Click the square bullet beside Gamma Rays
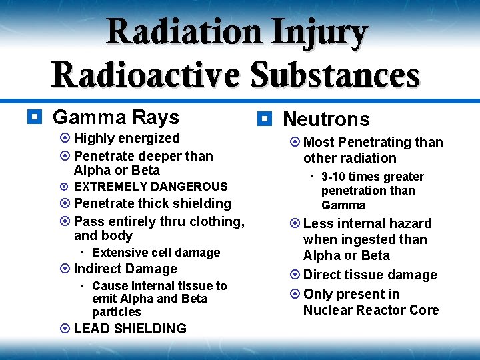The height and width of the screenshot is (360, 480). [32, 117]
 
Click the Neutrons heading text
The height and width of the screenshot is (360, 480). [326, 119]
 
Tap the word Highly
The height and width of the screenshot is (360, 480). [94, 138]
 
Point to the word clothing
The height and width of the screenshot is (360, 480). [217, 221]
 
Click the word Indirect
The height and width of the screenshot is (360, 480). [97, 269]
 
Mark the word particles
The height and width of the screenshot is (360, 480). [117, 312]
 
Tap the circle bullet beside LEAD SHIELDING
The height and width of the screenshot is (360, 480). [65, 329]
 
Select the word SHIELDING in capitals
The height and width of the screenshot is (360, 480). [150, 329]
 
